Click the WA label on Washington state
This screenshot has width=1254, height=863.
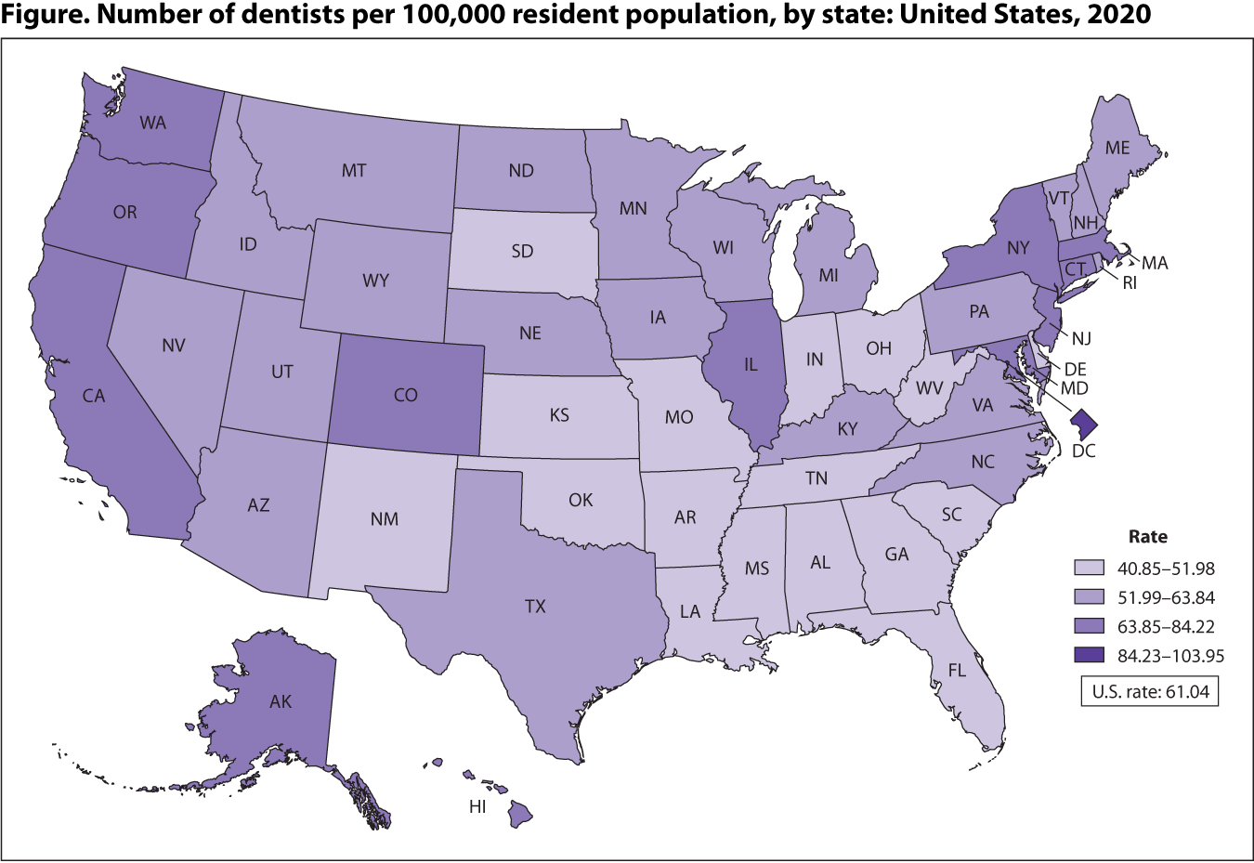tap(153, 123)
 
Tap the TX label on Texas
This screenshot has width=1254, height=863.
tap(535, 607)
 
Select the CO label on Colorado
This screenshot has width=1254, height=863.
tap(406, 395)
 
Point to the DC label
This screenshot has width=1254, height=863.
tap(1084, 451)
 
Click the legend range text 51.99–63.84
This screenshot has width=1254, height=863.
tap(1166, 597)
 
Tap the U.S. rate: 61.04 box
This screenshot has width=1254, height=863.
tap(1149, 691)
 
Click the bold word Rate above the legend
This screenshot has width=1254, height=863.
tap(1147, 537)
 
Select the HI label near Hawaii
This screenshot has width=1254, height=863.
tap(477, 807)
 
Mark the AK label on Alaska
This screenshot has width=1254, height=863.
tap(281, 701)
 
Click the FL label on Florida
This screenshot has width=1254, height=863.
tap(958, 670)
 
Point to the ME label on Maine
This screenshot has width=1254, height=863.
tap(1117, 148)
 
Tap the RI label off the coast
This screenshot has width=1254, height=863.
tap(1130, 283)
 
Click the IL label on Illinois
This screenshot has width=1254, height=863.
tap(751, 365)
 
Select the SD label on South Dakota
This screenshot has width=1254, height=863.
tap(522, 251)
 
